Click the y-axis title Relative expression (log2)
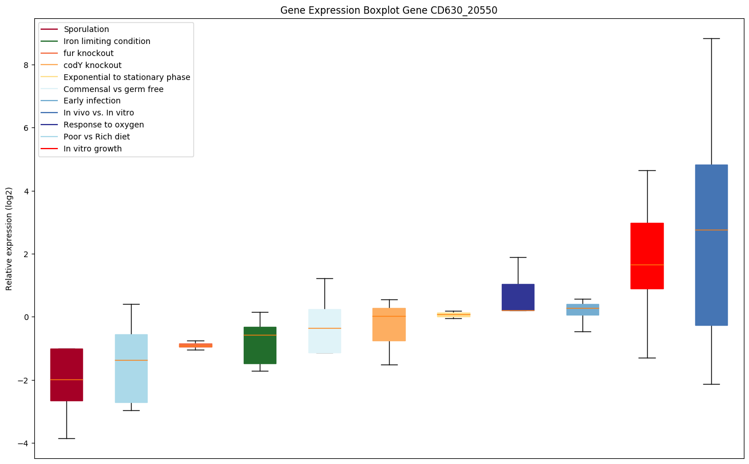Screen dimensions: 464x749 click(9, 239)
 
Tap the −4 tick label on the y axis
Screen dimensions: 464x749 click(25, 443)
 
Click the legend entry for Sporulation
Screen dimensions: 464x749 click(86, 29)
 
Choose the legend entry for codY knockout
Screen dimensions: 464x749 click(92, 65)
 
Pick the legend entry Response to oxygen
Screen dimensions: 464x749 click(104, 125)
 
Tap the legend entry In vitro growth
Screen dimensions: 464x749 click(93, 149)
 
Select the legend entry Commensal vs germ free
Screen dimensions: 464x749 click(113, 89)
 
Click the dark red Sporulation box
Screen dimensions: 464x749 click(66, 374)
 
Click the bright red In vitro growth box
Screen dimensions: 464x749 click(647, 255)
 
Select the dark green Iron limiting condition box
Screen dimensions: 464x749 click(260, 345)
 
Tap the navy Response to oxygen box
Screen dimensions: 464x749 click(518, 297)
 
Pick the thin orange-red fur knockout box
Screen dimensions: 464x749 click(196, 345)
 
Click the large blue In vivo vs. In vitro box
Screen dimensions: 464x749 click(711, 245)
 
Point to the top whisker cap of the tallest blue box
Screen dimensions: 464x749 click(711, 38)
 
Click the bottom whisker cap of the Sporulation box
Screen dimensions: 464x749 click(66, 438)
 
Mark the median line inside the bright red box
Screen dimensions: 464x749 click(647, 265)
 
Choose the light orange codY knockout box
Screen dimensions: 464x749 click(389, 324)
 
